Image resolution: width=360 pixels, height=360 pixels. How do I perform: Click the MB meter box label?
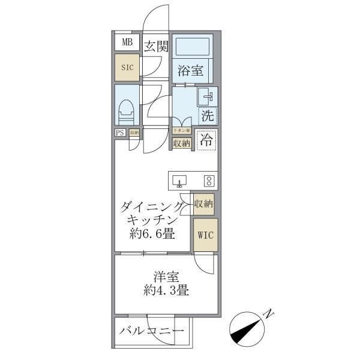tap(127, 42)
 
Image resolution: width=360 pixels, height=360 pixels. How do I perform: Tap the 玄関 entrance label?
tap(156, 46)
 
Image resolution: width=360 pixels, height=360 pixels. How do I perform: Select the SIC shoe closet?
tap(127, 68)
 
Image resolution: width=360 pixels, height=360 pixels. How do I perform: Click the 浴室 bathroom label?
tap(191, 70)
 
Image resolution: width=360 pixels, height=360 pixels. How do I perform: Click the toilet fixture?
tap(127, 110)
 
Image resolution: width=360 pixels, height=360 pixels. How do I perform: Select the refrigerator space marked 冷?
tap(206, 142)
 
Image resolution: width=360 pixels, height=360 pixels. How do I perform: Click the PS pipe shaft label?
tap(121, 133)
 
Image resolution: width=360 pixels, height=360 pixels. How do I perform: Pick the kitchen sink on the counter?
tap(180, 180)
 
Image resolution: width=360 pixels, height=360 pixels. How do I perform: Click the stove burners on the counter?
tap(209, 180)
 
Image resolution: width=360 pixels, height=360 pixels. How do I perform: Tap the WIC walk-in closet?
tap(205, 235)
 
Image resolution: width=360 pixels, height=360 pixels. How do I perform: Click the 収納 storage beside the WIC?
tap(204, 205)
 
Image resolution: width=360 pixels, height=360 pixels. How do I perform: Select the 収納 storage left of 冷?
tap(181, 143)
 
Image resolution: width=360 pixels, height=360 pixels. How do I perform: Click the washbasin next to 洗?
tap(206, 96)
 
